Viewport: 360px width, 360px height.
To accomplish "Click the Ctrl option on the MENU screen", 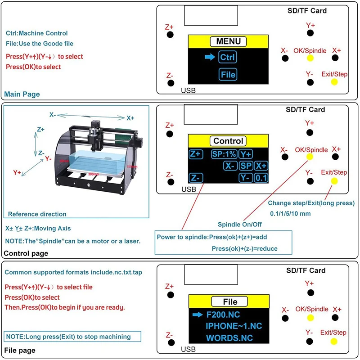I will pyautogui.click(x=228, y=57).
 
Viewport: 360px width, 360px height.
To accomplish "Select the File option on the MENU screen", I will pyautogui.click(x=228, y=75).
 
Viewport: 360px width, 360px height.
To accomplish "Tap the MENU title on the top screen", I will pyautogui.click(x=228, y=42).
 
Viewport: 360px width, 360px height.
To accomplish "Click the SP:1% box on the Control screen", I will pyautogui.click(x=224, y=154).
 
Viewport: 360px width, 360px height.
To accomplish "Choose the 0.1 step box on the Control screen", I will pyautogui.click(x=261, y=178).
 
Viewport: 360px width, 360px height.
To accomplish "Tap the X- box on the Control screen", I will pyautogui.click(x=230, y=166).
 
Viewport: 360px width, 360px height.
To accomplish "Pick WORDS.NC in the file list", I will pyautogui.click(x=229, y=337).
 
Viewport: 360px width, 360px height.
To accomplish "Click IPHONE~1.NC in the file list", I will pyautogui.click(x=234, y=326).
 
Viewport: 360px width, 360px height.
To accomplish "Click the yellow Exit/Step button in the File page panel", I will pyautogui.click(x=334, y=342).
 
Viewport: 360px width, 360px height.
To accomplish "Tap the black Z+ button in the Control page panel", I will pyautogui.click(x=170, y=134).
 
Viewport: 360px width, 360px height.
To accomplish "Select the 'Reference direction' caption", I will pyautogui.click(x=37, y=214).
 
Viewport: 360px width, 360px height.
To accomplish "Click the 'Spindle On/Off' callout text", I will pyautogui.click(x=240, y=225).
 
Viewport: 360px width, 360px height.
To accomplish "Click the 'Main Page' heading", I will pyautogui.click(x=22, y=94).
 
